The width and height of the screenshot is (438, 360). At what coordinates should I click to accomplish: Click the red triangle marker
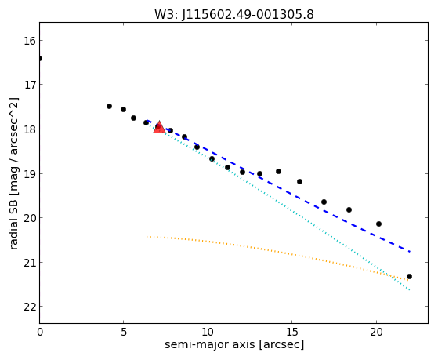(x=159, y=127)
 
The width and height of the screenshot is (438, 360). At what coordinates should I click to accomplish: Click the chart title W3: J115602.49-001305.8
(x=234, y=15)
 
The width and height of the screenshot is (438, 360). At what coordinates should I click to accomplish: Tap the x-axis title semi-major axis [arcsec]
(x=234, y=344)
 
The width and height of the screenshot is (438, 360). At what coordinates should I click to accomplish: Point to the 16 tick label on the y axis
(x=30, y=41)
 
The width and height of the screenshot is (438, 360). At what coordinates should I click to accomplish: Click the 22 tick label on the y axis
(x=30, y=307)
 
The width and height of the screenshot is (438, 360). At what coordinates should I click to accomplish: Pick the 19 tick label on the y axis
(x=30, y=173)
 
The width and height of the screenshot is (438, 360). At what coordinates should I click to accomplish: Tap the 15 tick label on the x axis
(x=292, y=332)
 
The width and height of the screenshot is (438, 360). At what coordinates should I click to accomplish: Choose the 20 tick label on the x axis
(x=376, y=332)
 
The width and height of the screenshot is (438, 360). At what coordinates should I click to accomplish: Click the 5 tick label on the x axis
(x=124, y=332)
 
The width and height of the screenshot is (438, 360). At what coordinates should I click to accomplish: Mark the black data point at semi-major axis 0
(x=40, y=58)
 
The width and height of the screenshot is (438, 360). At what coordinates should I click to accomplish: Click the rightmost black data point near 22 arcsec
(x=409, y=276)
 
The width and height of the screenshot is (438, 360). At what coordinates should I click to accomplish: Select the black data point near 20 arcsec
(x=378, y=224)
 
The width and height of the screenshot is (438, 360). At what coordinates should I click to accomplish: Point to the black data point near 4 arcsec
(x=109, y=107)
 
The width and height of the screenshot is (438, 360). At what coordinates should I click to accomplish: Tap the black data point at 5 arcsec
(x=123, y=109)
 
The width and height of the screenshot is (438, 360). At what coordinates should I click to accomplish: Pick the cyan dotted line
(x=278, y=207)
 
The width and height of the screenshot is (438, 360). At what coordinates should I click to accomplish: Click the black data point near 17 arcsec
(x=324, y=202)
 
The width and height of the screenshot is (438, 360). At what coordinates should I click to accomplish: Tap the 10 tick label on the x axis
(x=208, y=332)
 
